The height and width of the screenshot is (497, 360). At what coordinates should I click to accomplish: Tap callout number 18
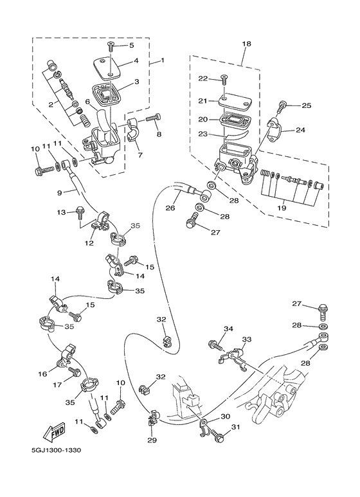point(246,44)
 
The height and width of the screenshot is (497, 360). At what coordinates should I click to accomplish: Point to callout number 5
point(132,46)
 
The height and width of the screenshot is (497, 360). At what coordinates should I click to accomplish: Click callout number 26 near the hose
point(170,208)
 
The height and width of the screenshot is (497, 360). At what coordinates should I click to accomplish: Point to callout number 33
point(247,339)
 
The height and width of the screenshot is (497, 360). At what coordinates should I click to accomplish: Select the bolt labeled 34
point(215,345)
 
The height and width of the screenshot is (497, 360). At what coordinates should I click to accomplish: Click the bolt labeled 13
point(80,211)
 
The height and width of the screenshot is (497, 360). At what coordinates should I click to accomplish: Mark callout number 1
point(162,61)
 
